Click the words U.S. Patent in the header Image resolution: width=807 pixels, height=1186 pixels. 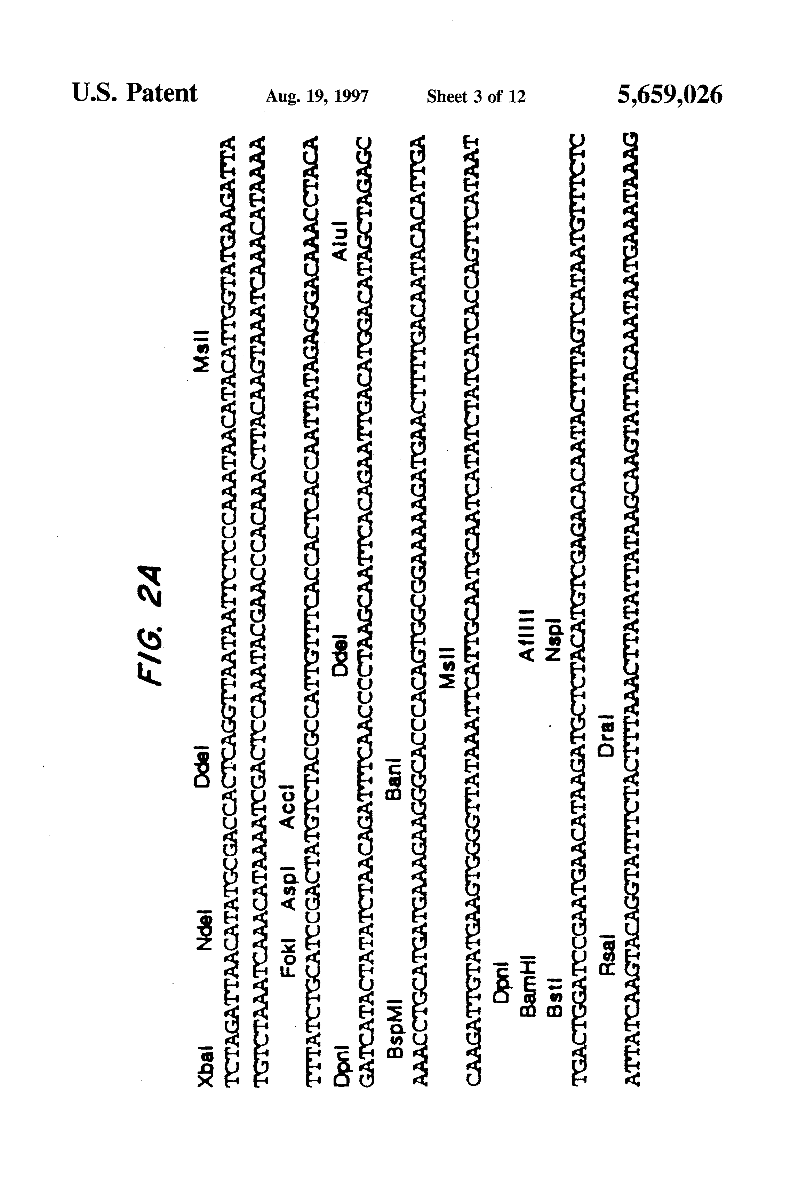click(x=134, y=93)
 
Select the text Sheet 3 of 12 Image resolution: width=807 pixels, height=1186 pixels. click(x=476, y=96)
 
